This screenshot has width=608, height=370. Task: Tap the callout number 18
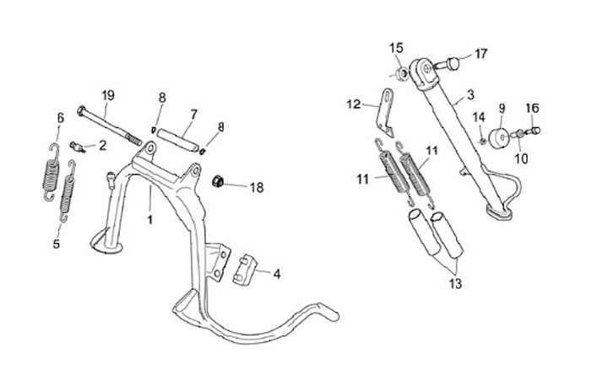click(257, 187)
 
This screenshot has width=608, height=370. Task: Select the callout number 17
click(480, 54)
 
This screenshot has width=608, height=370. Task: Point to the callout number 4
click(276, 273)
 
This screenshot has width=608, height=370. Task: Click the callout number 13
click(456, 284)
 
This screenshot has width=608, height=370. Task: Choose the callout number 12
click(353, 105)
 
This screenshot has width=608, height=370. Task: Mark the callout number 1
click(149, 220)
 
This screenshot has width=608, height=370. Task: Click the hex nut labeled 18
click(216, 180)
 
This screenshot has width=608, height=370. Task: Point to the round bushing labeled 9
click(499, 137)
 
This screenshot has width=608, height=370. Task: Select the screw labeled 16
click(532, 131)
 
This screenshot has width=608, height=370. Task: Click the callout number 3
click(470, 94)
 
